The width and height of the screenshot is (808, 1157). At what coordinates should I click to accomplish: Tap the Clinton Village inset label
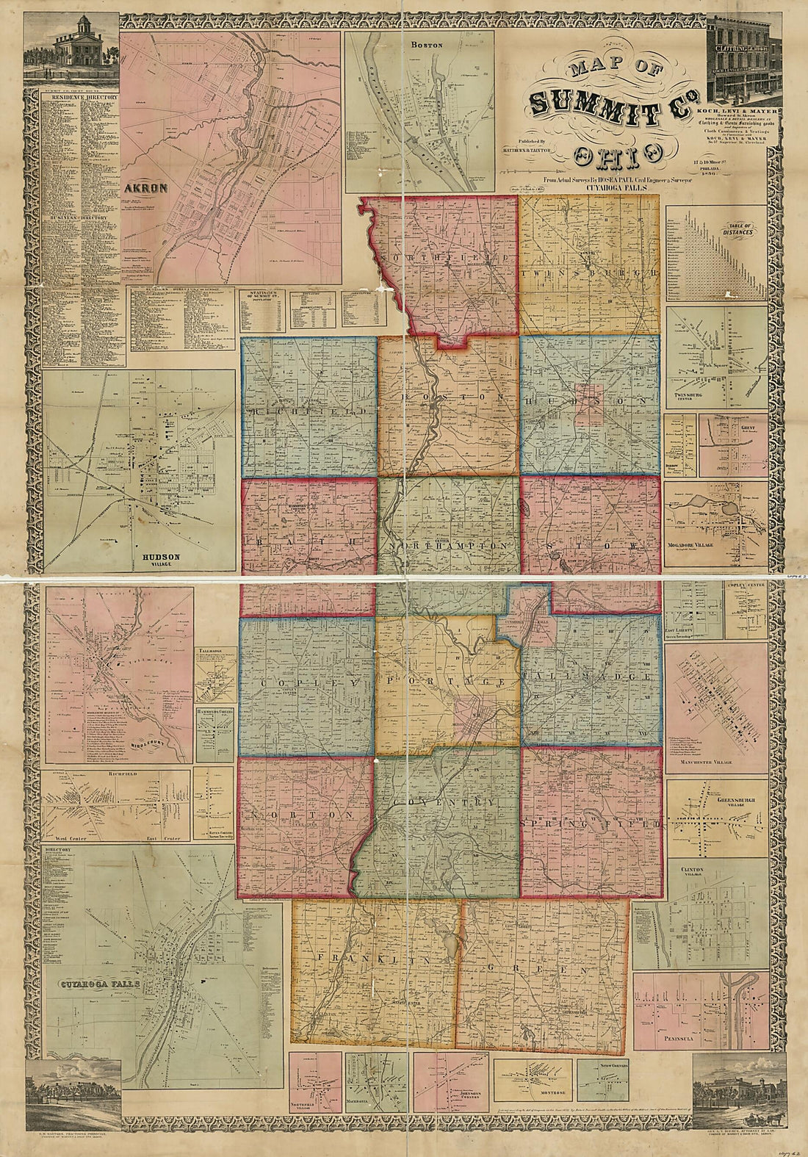[x=690, y=873]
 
